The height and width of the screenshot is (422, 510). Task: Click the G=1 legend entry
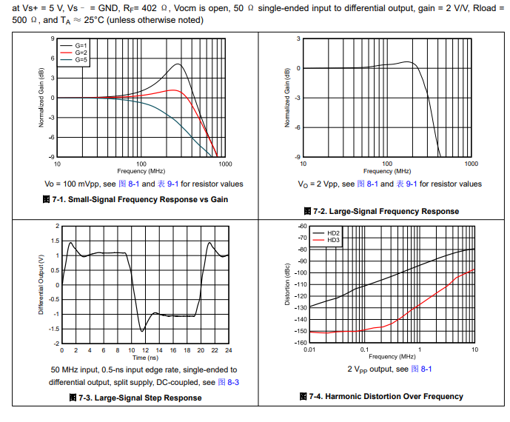pyautogui.click(x=81, y=45)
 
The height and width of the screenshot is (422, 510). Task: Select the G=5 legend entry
pyautogui.click(x=81, y=58)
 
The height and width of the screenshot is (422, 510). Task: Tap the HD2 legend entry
pyautogui.click(x=332, y=232)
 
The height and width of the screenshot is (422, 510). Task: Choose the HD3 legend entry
pyautogui.click(x=332, y=239)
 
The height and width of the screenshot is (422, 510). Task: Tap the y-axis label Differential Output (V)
pyautogui.click(x=41, y=284)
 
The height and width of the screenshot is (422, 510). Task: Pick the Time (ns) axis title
pyautogui.click(x=145, y=357)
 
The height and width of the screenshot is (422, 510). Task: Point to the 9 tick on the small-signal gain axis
pyautogui.click(x=53, y=38)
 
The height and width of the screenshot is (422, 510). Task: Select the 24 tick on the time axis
pyautogui.click(x=229, y=349)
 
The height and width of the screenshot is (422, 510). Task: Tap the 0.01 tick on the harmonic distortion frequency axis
pyautogui.click(x=309, y=349)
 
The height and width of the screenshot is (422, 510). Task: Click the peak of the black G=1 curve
pyautogui.click(x=178, y=64)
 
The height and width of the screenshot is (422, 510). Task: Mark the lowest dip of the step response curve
pyautogui.click(x=142, y=330)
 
